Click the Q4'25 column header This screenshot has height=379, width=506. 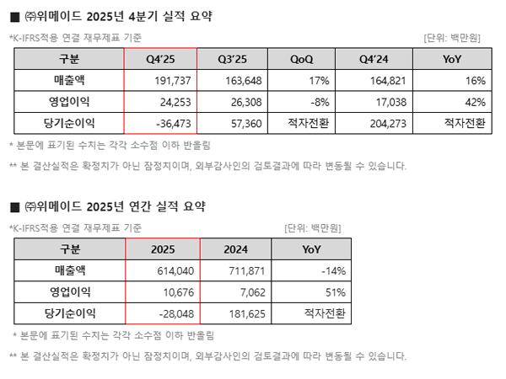coord(160,60)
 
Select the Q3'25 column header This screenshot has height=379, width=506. coord(231,60)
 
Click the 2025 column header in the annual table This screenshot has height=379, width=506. coord(162,249)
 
